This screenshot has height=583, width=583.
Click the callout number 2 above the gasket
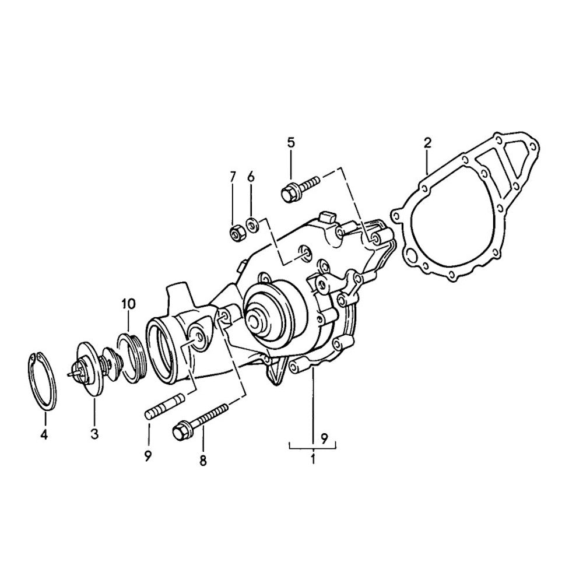point(427,143)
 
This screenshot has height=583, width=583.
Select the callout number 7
point(233,176)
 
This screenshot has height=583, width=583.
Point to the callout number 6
point(251,176)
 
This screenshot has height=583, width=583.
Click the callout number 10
point(128,303)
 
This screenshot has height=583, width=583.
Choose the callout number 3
point(94,433)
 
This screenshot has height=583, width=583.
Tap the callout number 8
point(203,461)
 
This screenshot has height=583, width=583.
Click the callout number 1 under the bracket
point(313,458)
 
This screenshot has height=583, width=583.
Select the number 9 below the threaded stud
point(148,454)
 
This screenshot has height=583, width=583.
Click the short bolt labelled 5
point(298,188)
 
